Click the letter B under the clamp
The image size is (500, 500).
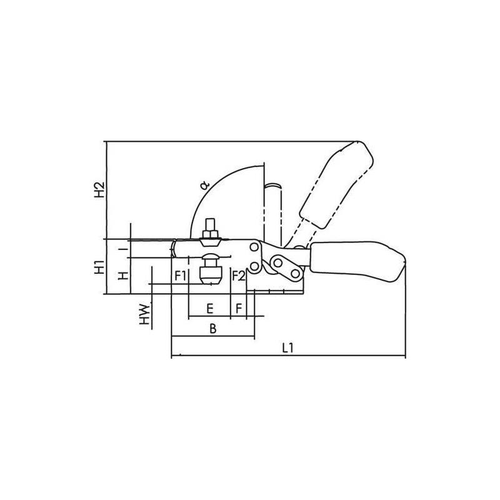(x=212, y=329)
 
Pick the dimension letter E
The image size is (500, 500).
(x=210, y=308)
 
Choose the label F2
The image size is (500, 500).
(x=237, y=276)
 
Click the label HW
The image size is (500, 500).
(x=145, y=314)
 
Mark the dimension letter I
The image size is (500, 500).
(x=124, y=249)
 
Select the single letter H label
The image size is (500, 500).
(x=124, y=275)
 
